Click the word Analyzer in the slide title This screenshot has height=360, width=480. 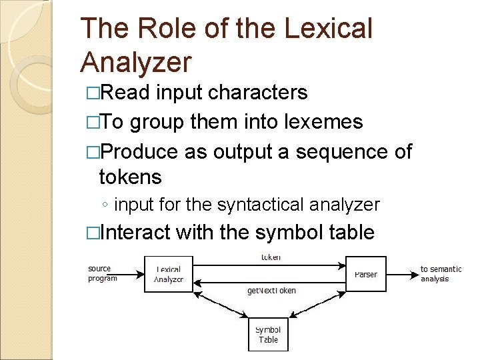(135, 62)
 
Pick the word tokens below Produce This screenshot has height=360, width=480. (130, 177)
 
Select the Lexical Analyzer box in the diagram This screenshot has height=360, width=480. (169, 274)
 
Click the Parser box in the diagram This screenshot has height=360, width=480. (365, 274)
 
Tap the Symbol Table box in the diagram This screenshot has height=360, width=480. (268, 334)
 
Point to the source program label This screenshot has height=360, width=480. (102, 274)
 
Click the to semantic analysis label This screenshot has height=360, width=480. (440, 274)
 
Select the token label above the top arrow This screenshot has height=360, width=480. (270, 257)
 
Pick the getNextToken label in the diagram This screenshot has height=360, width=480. (271, 291)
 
